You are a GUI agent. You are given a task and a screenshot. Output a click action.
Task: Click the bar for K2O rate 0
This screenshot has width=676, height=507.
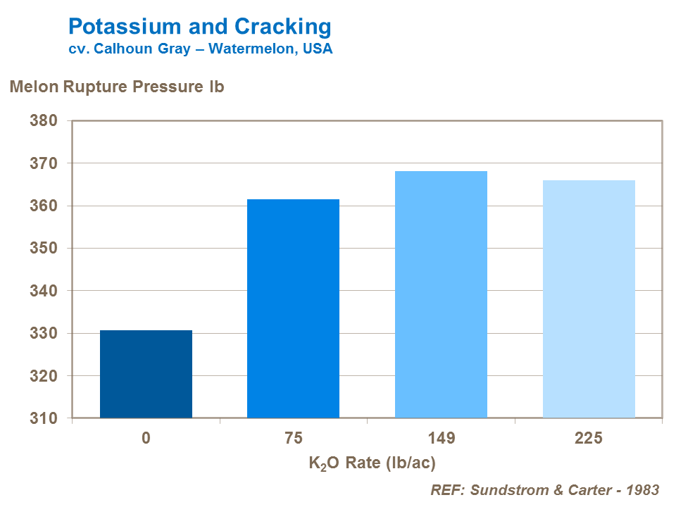click(146, 374)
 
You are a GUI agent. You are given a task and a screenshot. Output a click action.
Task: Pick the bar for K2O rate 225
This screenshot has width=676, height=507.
click(589, 299)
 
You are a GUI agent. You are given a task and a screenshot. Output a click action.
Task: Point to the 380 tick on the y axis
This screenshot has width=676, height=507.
click(43, 120)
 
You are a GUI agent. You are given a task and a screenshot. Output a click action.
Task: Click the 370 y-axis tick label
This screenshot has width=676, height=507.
click(43, 163)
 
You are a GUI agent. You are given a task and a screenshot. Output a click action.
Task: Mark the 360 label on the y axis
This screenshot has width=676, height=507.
click(43, 206)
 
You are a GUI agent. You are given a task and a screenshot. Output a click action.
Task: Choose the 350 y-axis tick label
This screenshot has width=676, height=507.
click(43, 249)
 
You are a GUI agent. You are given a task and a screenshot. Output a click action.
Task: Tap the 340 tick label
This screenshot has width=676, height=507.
click(43, 291)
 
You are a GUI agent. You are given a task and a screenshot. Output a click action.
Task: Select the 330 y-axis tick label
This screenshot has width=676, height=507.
click(43, 334)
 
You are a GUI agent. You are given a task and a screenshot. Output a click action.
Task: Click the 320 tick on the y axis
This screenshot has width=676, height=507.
click(43, 376)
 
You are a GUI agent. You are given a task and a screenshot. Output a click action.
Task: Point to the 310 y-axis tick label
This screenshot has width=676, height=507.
click(43, 419)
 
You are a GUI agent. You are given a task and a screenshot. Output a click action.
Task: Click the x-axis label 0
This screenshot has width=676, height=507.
click(146, 439)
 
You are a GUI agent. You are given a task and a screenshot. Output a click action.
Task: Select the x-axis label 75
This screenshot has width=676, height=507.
click(293, 439)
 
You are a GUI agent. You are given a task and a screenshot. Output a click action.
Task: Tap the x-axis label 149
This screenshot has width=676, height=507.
click(441, 439)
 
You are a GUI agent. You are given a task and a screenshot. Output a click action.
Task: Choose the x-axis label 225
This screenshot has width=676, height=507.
click(589, 439)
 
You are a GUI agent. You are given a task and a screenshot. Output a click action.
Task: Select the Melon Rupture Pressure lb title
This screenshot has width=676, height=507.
click(116, 87)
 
